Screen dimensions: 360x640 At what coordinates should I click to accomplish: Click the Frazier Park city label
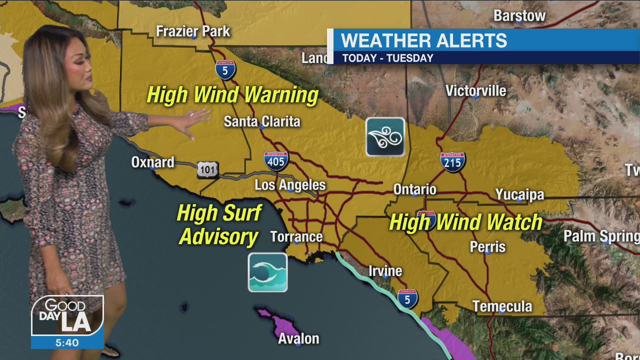193,31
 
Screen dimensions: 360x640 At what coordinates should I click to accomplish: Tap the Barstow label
519,16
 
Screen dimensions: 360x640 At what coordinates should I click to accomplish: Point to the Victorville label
475,91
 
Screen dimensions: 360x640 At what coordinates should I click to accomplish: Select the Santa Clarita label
262,121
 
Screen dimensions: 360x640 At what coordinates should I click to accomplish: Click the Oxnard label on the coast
152,162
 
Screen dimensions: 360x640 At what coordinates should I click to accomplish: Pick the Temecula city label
502,306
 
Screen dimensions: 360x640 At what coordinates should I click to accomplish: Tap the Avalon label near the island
298,339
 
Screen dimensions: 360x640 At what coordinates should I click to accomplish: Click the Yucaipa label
519,194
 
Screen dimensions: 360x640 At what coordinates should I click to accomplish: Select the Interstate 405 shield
276,160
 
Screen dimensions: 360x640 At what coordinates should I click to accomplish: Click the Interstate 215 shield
452,162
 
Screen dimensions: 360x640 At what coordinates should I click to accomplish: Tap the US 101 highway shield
207,170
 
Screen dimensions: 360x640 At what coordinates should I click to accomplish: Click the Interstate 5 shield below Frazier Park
225,70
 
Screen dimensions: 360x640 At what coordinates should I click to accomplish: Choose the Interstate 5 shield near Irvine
407,299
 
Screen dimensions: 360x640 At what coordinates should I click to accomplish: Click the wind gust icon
385,137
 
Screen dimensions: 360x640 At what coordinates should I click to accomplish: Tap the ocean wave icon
268,272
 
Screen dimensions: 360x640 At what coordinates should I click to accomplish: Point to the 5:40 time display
67,343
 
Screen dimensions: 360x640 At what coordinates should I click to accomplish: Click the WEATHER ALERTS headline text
423,40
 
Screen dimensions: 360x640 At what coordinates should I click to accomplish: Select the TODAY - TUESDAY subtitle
387,58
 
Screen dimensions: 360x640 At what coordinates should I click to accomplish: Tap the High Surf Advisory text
218,225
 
